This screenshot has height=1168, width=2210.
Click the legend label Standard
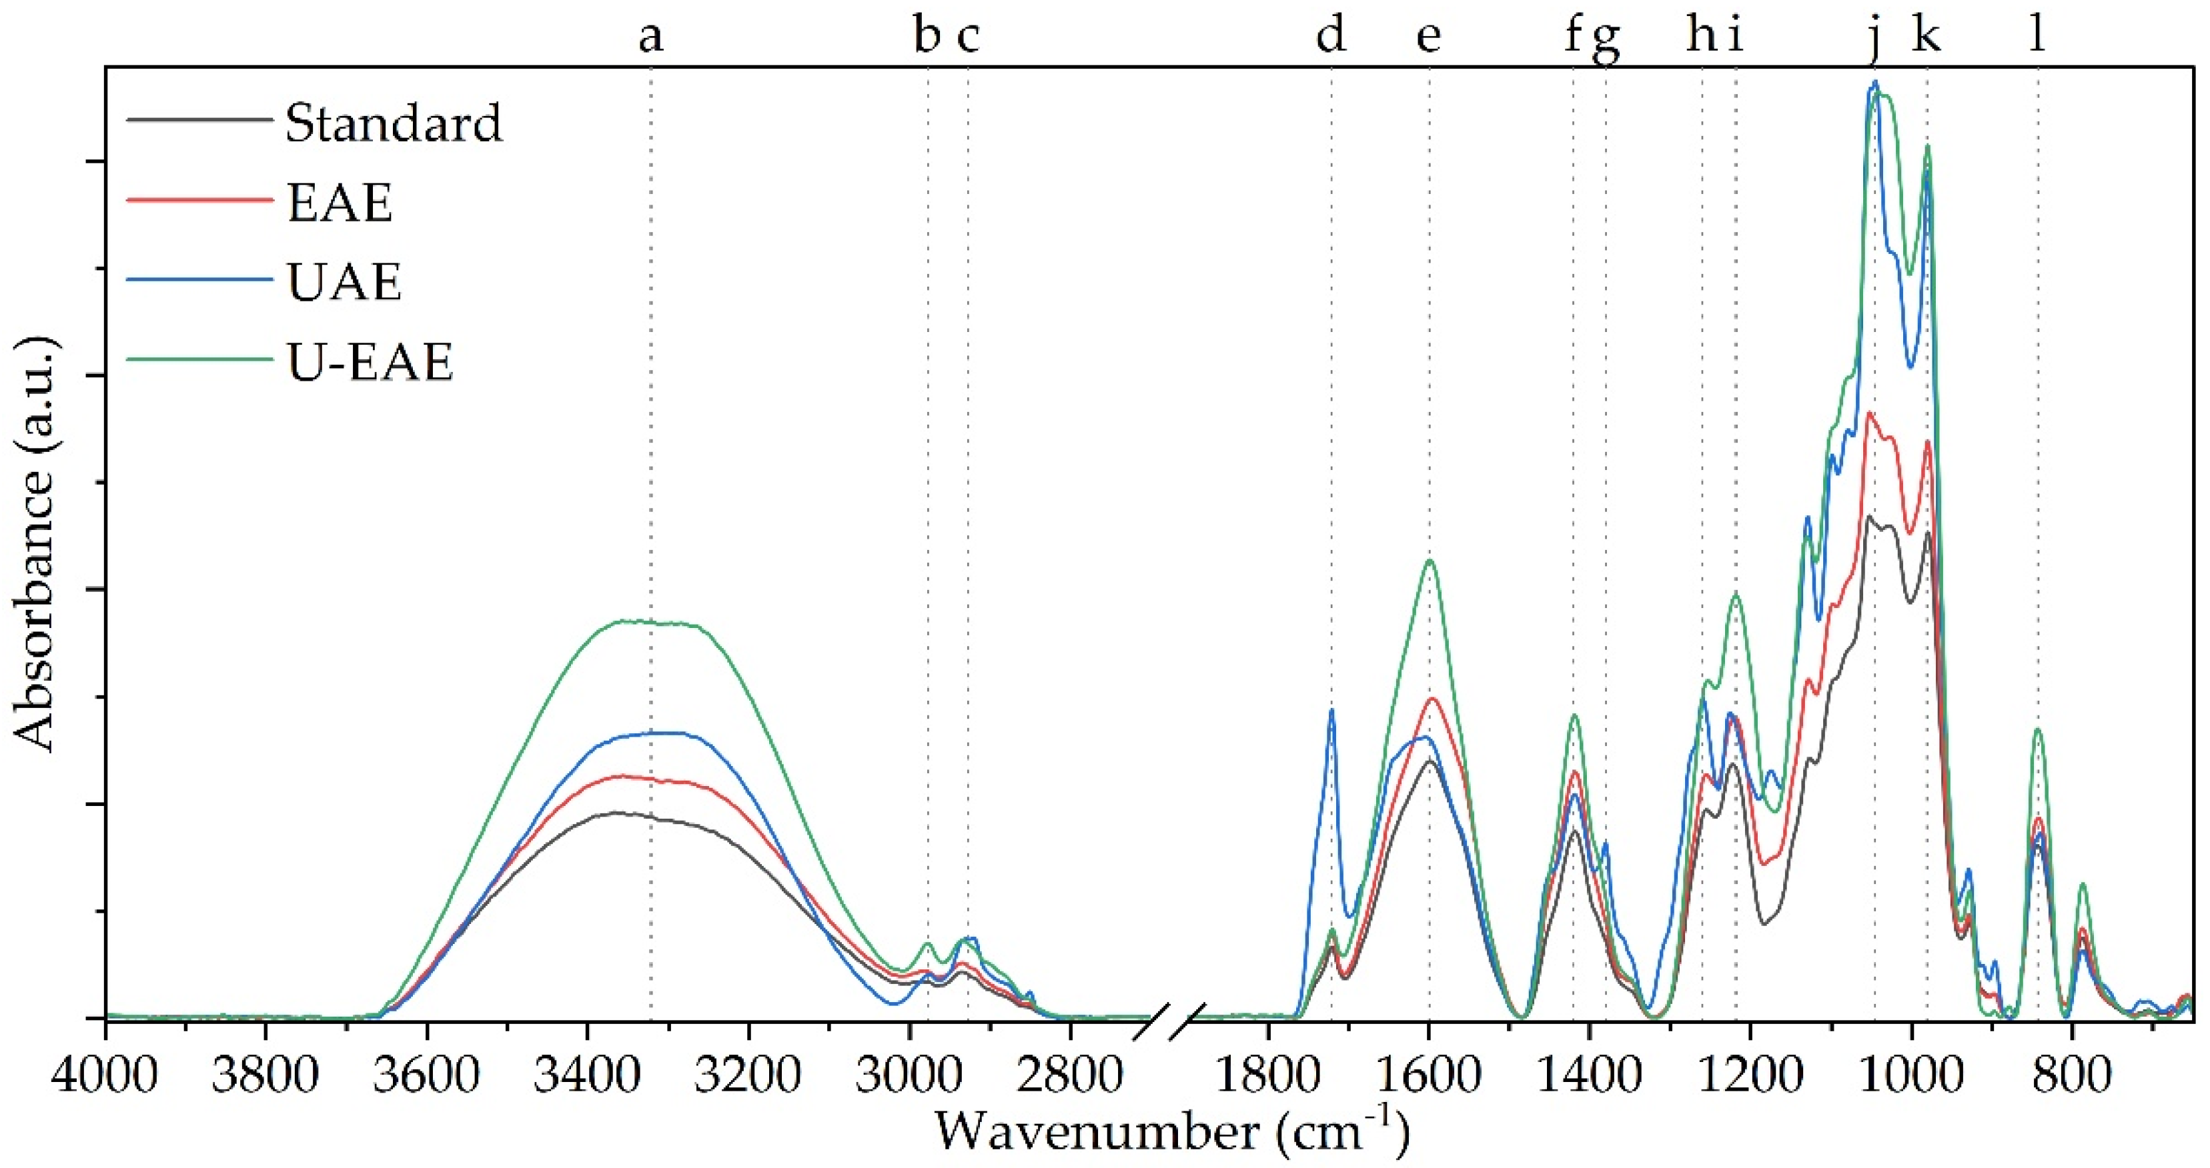click(x=393, y=125)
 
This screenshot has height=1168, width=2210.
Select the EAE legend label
click(x=340, y=203)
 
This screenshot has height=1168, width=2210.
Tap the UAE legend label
click(x=344, y=282)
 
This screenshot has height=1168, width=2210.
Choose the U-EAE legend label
click(x=369, y=362)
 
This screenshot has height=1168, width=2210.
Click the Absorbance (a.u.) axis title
click(x=36, y=545)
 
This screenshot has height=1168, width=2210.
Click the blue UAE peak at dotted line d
click(x=1331, y=710)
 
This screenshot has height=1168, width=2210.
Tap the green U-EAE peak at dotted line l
click(x=2037, y=730)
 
